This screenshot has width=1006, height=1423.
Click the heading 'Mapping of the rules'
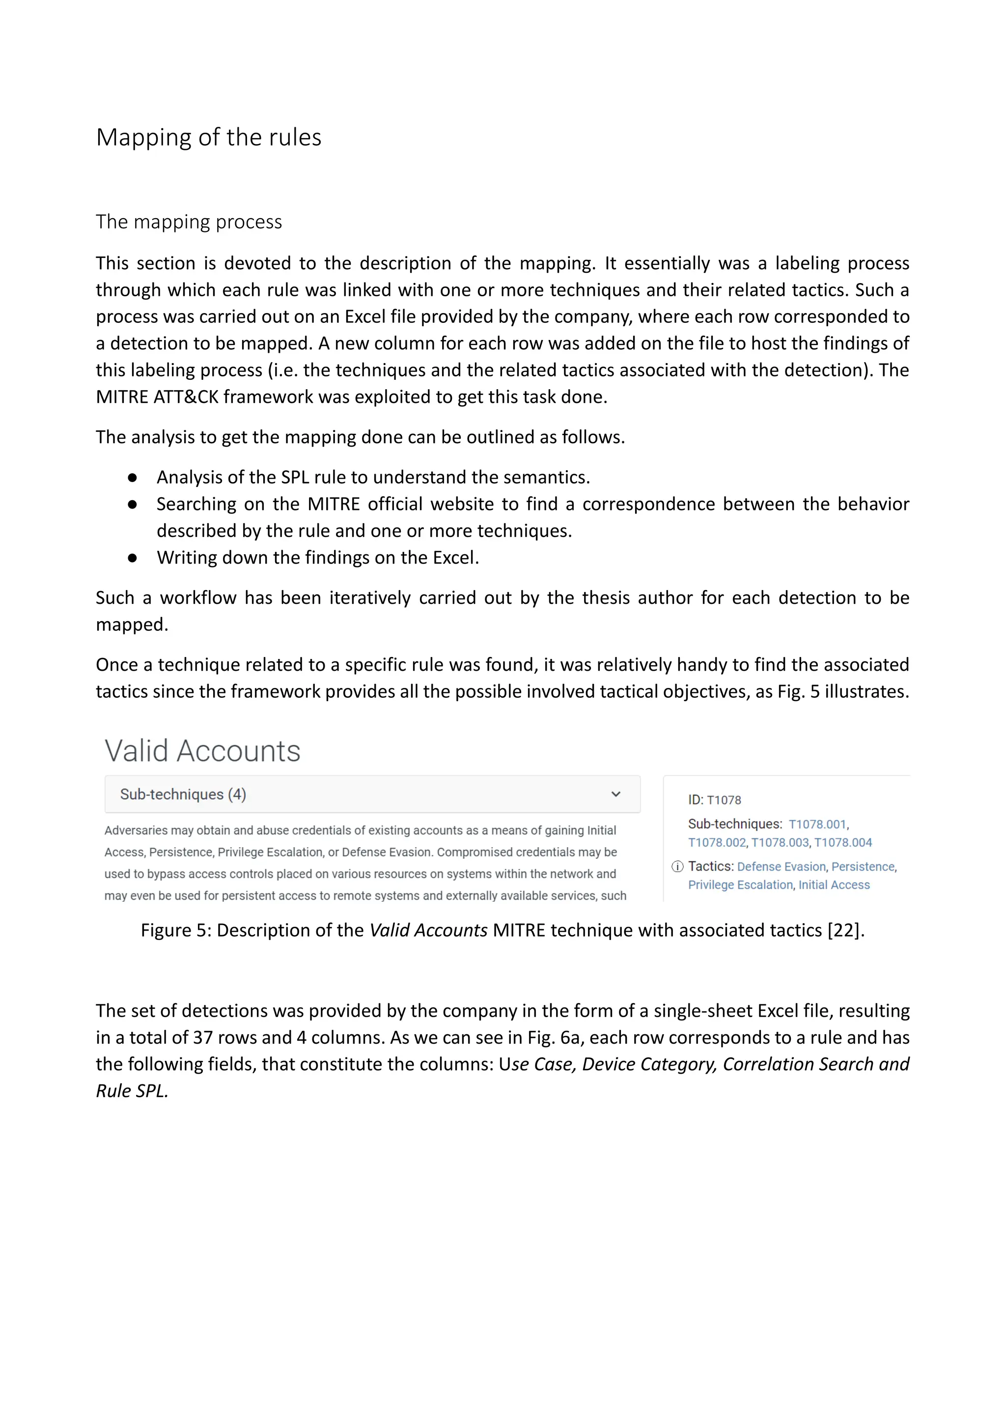click(209, 138)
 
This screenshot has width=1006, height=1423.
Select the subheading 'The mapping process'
click(189, 222)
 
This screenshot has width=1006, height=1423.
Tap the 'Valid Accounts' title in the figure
click(202, 751)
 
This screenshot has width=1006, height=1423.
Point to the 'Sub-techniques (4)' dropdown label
click(183, 795)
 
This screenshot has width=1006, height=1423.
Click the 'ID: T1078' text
click(714, 800)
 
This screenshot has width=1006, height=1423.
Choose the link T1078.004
click(842, 842)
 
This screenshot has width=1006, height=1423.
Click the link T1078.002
click(717, 842)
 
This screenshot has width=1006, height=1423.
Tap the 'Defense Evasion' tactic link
click(781, 866)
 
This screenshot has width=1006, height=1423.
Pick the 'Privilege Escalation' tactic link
click(740, 885)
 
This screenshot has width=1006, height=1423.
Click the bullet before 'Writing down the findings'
click(132, 558)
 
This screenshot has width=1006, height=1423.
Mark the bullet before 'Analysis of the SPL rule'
click(132, 478)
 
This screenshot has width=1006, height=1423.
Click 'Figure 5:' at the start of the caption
click(175, 930)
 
